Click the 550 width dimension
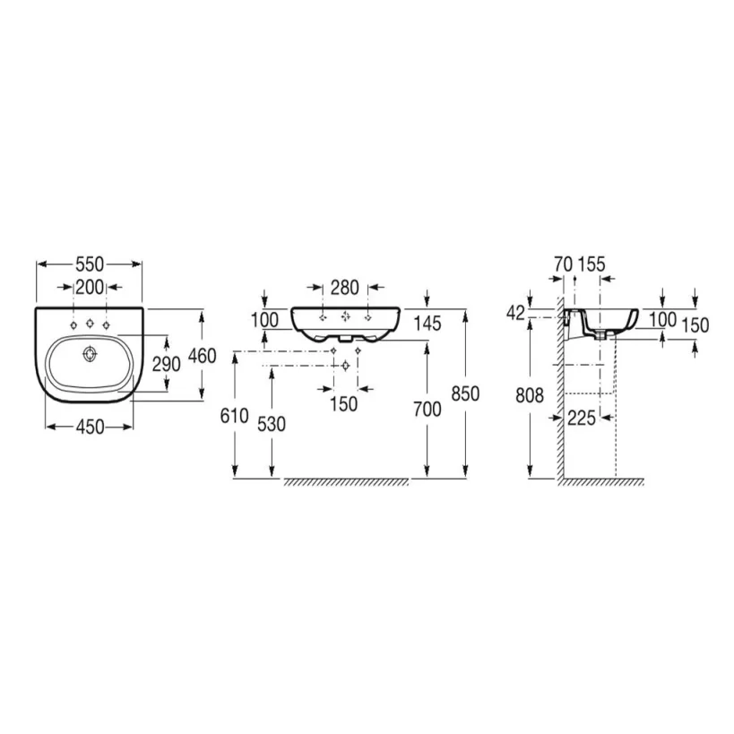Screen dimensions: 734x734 89,264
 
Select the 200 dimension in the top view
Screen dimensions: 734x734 89,287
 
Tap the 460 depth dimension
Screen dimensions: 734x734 202,356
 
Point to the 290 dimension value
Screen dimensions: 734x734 168,364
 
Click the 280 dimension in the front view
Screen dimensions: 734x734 344,288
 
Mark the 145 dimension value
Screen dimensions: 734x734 427,324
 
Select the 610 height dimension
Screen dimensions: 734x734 235,415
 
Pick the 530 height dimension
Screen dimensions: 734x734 271,424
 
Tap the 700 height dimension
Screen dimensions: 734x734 427,410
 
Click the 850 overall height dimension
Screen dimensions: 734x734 466,393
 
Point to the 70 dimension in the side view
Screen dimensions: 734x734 563,263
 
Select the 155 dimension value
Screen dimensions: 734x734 592,263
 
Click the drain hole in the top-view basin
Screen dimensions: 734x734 88,355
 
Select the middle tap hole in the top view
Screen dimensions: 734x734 89,324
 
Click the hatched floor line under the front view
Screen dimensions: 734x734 346,482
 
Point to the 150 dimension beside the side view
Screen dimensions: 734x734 695,325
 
